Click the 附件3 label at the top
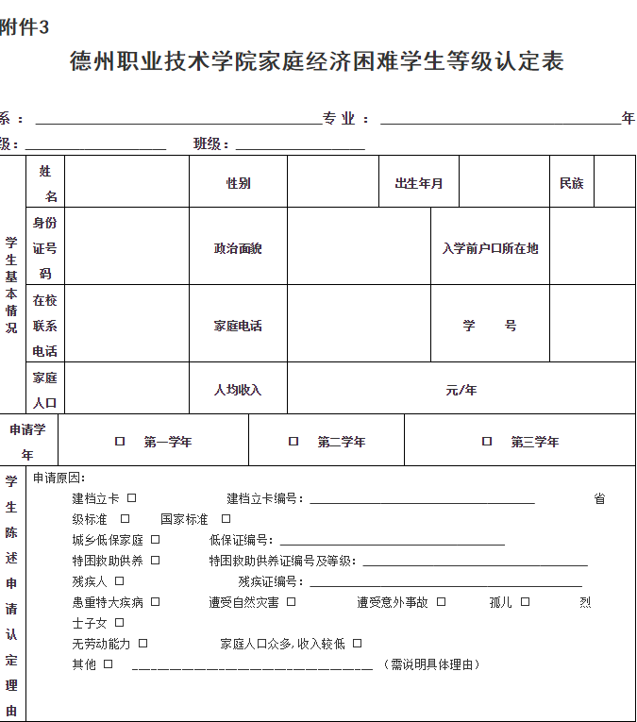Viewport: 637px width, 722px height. pyautogui.click(x=25, y=28)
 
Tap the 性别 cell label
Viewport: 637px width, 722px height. pyautogui.click(x=238, y=183)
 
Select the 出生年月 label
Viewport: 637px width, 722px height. pyautogui.click(x=419, y=183)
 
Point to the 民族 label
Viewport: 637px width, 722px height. pyautogui.click(x=572, y=183)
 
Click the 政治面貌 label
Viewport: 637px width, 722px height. pyautogui.click(x=238, y=248)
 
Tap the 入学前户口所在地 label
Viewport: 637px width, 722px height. pyautogui.click(x=491, y=248)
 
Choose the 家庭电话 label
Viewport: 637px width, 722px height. pyautogui.click(x=238, y=326)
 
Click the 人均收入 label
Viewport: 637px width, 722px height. pyautogui.click(x=238, y=390)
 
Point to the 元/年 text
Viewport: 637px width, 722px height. pyautogui.click(x=461, y=390)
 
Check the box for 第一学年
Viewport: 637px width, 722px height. pyautogui.click(x=120, y=442)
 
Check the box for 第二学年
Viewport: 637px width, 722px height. pyautogui.click(x=293, y=442)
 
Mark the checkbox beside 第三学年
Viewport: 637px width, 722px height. pyautogui.click(x=487, y=442)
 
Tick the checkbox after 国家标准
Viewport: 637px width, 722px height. pyautogui.click(x=226, y=519)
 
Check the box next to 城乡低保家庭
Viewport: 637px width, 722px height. pyautogui.click(x=156, y=540)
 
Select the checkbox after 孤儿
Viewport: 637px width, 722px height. pyautogui.click(x=526, y=602)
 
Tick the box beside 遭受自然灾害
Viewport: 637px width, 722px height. pyautogui.click(x=292, y=602)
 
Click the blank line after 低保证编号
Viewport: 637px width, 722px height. pyautogui.click(x=392, y=542)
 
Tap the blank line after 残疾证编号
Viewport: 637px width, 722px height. pyautogui.click(x=444, y=583)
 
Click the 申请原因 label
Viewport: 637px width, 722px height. pyautogui.click(x=59, y=479)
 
